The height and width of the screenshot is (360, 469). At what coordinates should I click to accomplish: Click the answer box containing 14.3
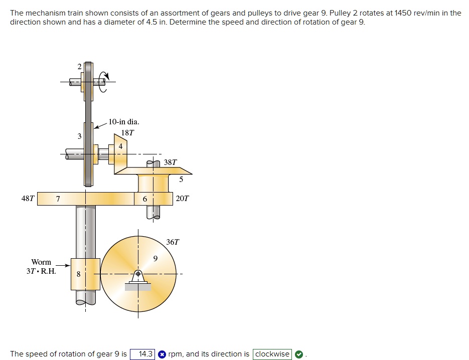pyautogui.click(x=142, y=354)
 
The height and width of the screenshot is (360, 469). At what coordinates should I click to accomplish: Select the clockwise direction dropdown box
pyautogui.click(x=272, y=354)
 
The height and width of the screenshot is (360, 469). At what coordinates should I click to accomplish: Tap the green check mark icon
pyautogui.click(x=299, y=354)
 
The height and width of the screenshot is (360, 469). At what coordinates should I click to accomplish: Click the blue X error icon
pyautogui.click(x=162, y=354)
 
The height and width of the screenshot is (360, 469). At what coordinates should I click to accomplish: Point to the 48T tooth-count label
pyautogui.click(x=28, y=199)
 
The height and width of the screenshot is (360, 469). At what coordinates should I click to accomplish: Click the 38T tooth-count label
pyautogui.click(x=171, y=162)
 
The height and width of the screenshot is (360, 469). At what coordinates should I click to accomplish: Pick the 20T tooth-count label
pyautogui.click(x=183, y=199)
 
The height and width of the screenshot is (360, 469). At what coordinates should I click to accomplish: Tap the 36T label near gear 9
pyautogui.click(x=172, y=242)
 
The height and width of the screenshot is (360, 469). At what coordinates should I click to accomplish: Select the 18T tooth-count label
pyautogui.click(x=128, y=133)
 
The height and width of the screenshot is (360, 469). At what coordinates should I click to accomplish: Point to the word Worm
pyautogui.click(x=41, y=262)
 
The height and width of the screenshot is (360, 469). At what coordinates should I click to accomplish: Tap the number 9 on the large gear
pyautogui.click(x=155, y=259)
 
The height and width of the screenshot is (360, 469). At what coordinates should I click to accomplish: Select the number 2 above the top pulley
pyautogui.click(x=79, y=66)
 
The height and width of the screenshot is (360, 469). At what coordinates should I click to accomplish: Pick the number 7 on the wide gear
pyautogui.click(x=58, y=199)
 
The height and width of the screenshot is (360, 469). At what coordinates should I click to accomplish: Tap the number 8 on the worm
pyautogui.click(x=78, y=274)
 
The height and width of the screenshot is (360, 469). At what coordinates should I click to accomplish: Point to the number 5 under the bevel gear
pyautogui.click(x=181, y=179)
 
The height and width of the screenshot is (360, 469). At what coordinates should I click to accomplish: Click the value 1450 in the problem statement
pyautogui.click(x=403, y=13)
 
